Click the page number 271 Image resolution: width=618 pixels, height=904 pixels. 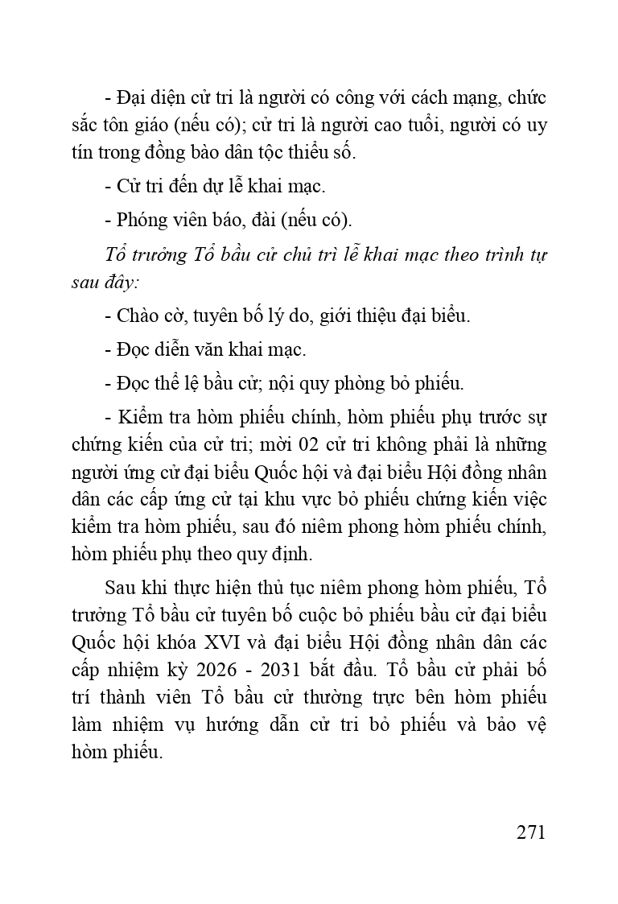click(531, 832)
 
